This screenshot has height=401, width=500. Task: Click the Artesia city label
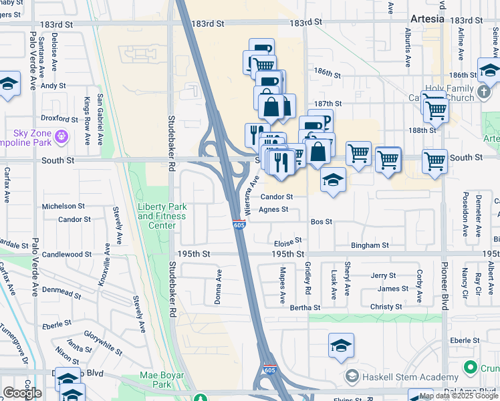pos(426,19)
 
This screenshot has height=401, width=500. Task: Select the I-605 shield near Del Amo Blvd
pos(269,369)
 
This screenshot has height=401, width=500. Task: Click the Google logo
pos(22,393)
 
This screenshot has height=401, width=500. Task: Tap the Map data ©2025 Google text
pos(459,396)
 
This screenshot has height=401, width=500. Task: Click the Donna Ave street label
pos(218,287)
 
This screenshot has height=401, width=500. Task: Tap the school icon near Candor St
pos(333,179)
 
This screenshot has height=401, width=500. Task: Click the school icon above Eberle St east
pos(341,346)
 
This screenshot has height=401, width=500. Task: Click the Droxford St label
pos(59,119)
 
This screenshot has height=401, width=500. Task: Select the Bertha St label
pos(305,307)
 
